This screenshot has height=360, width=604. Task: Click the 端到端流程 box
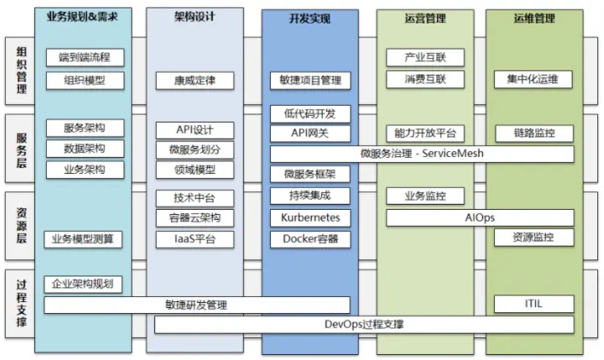pos(85,57)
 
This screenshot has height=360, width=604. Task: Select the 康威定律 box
pos(195,81)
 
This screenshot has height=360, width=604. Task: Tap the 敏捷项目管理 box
pos(310,81)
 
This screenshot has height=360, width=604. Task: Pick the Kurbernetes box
pos(310,218)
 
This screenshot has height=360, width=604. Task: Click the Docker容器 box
pos(310,239)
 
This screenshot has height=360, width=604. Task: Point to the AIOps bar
pos(480,218)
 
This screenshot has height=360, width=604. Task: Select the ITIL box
pos(534,304)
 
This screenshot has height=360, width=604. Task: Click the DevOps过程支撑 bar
pos(364,325)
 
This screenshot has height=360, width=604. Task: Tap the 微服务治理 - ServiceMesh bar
pos(422,154)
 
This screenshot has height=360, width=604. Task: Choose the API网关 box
pos(310,133)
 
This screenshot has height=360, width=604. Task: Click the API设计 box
pos(195,130)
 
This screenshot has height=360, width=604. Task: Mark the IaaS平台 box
pos(195,239)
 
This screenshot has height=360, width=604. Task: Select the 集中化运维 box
pos(534,80)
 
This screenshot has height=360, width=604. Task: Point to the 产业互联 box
pos(425,57)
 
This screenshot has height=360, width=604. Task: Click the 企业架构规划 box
pos(83,284)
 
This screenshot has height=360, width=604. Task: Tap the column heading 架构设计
pos(195,17)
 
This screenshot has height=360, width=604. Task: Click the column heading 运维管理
pos(534,18)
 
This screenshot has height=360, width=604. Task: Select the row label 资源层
pos(22,226)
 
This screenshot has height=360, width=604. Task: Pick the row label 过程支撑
pos(22,304)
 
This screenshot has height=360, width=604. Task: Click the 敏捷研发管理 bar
pos(197,305)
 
